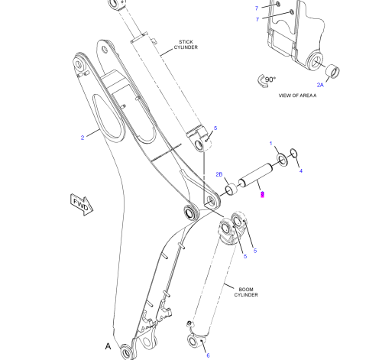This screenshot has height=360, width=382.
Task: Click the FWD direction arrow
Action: tap(82, 205)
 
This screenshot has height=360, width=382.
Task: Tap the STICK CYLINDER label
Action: tap(186, 44)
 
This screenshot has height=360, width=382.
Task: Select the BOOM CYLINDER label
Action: tap(246, 292)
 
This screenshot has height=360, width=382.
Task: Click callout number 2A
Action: tap(320, 85)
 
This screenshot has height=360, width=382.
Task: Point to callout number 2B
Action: tap(219, 174)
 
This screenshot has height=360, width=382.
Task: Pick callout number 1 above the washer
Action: tap(271, 144)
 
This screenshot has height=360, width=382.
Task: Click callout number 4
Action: tap(301, 171)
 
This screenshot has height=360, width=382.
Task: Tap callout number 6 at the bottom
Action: tap(208, 355)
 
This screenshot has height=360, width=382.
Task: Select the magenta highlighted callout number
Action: tap(262, 194)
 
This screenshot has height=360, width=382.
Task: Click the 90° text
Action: tap(270, 79)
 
